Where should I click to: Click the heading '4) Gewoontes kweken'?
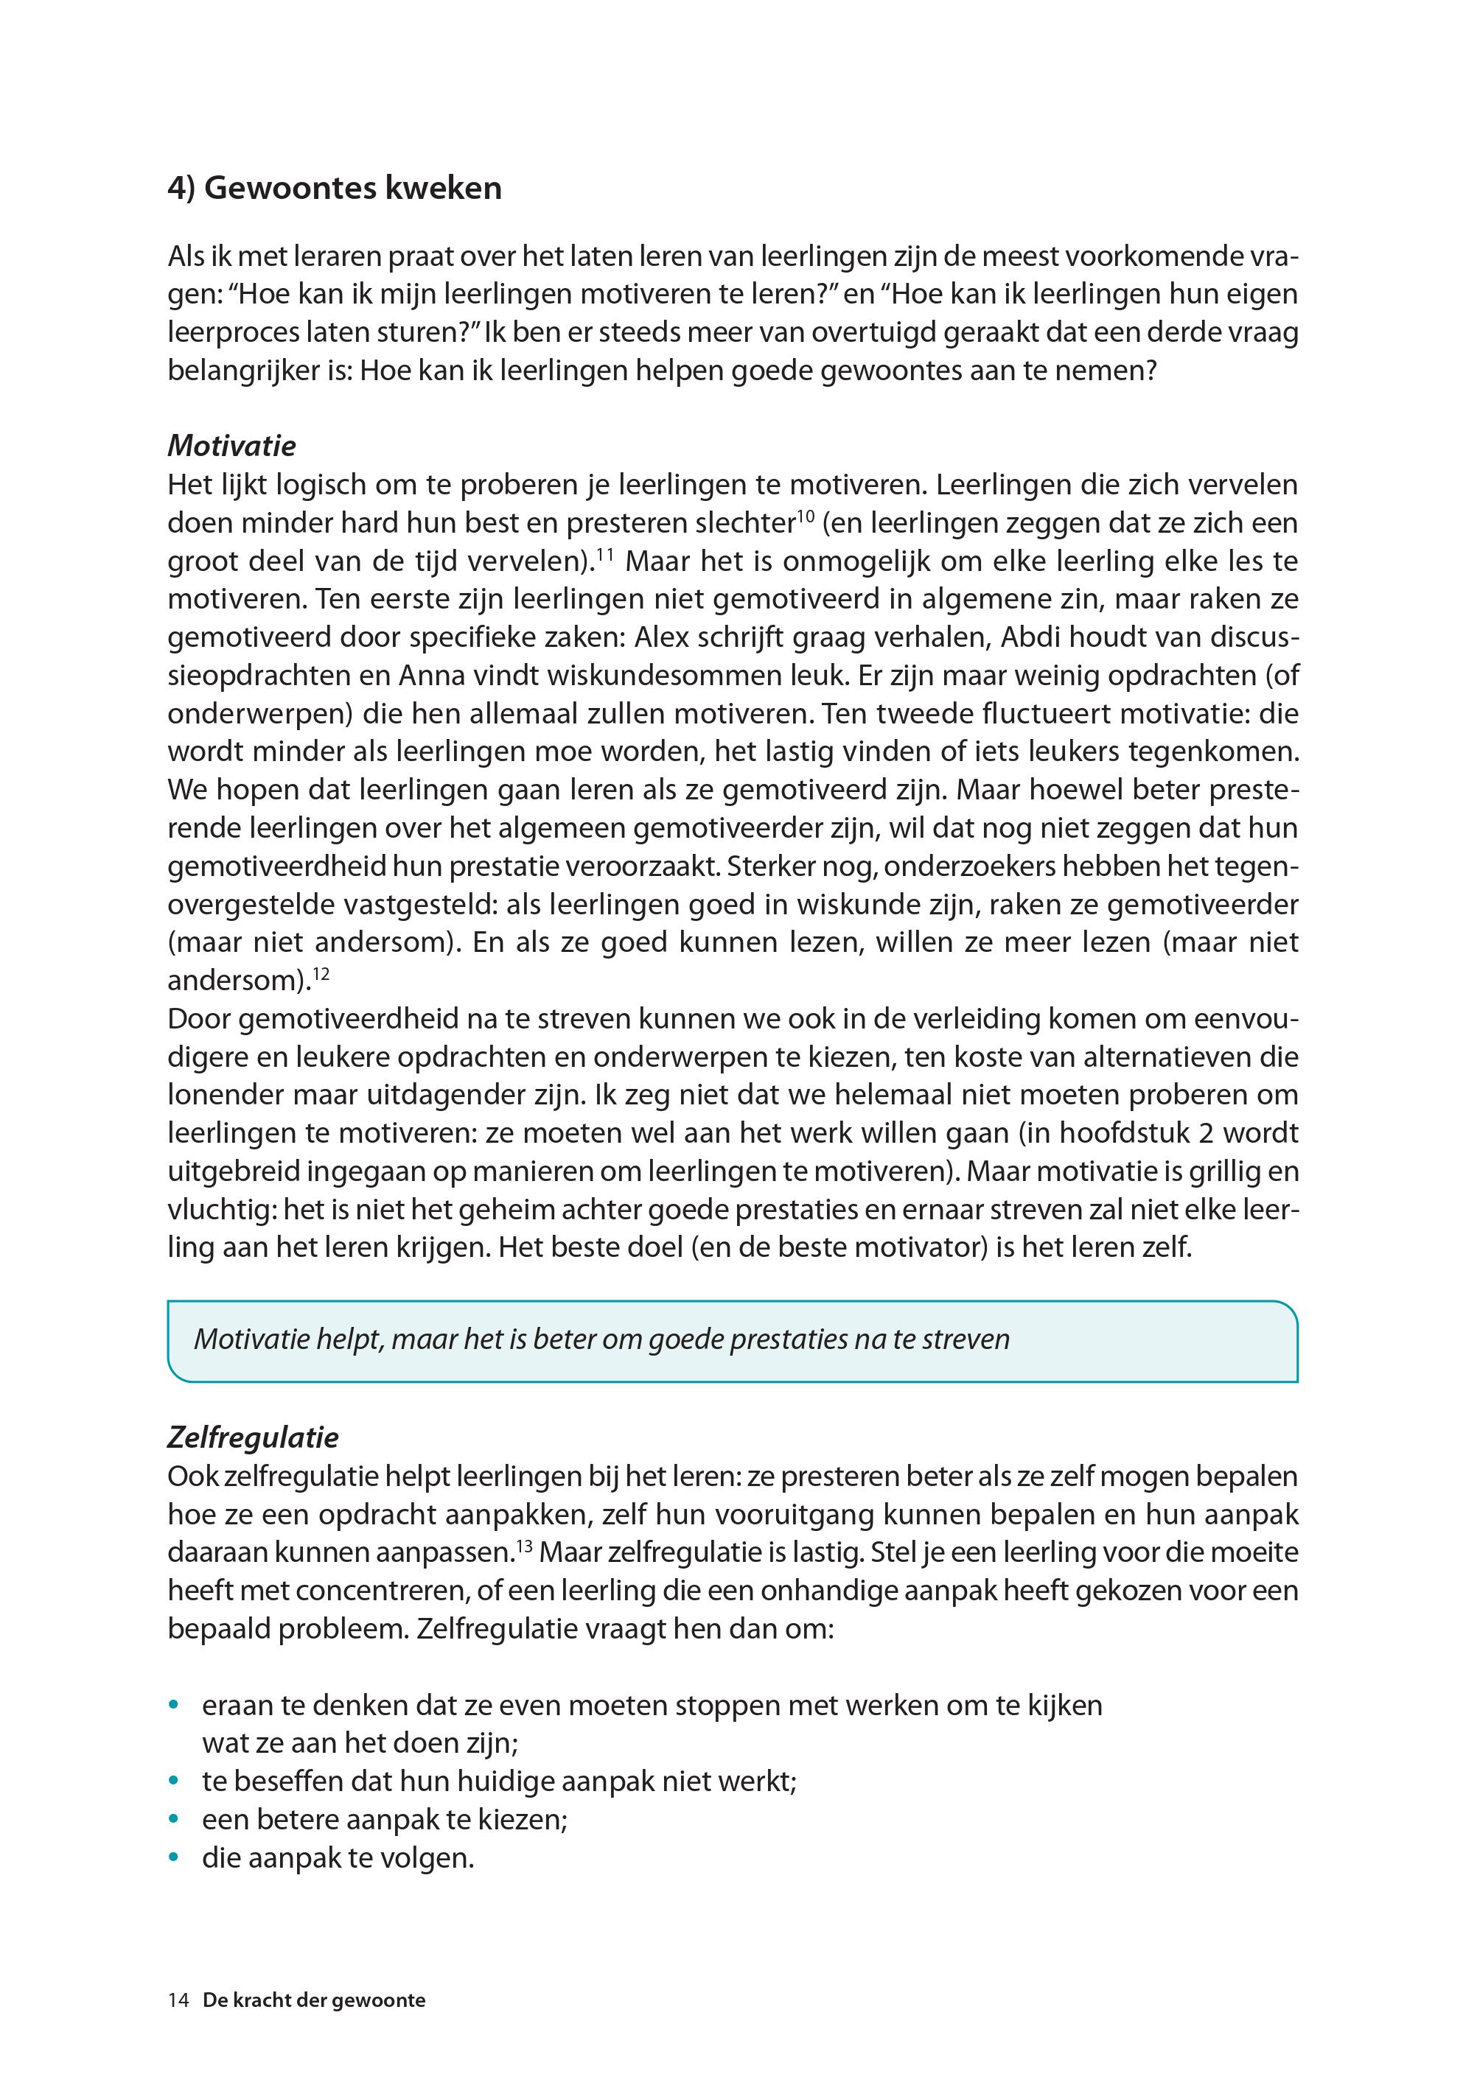pyautogui.click(x=334, y=189)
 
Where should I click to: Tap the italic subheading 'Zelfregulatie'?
pyautogui.click(x=253, y=1437)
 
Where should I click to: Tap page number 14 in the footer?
pyautogui.click(x=178, y=2000)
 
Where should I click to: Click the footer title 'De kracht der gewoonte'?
pyautogui.click(x=314, y=2000)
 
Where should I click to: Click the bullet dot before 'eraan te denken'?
pyautogui.click(x=174, y=1705)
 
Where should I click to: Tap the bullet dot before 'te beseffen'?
pyautogui.click(x=174, y=1782)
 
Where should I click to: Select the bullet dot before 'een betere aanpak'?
pyautogui.click(x=174, y=1820)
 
